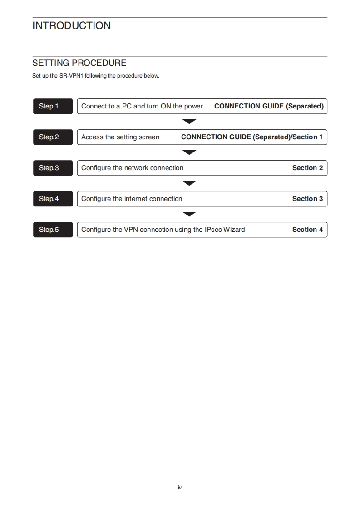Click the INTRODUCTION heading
coord(71,26)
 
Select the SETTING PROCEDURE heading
coord(79,63)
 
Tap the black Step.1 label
coord(53,106)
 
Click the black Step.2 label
coord(53,137)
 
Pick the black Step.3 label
coord(53,168)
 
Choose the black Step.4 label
coord(53,199)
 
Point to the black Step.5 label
coord(53,230)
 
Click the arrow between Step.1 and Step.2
coord(189,122)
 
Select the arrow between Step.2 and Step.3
coord(189,152)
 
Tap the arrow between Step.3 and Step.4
coord(189,183)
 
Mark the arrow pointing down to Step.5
coord(189,214)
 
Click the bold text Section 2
coord(307,168)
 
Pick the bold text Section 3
coord(307,199)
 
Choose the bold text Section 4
coord(307,230)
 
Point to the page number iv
coord(180,488)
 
